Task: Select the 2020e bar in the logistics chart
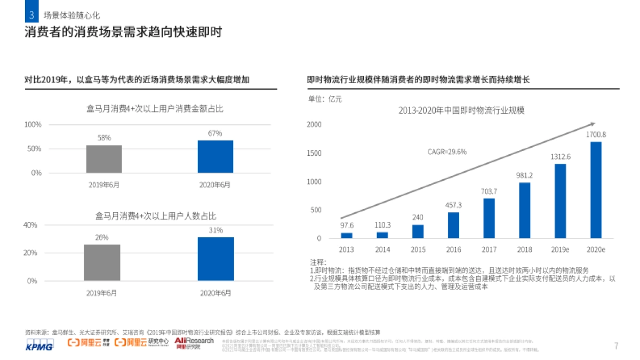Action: (x=596, y=189)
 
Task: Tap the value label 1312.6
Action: (x=561, y=156)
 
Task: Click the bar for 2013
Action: (x=347, y=235)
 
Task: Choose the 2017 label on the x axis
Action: (x=489, y=249)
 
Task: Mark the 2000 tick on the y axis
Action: (x=314, y=124)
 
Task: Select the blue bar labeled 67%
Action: (x=215, y=156)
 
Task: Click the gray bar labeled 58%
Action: (x=104, y=158)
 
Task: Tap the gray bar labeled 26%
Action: (x=102, y=262)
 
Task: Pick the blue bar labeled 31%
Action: (x=215, y=259)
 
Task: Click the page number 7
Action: (x=616, y=346)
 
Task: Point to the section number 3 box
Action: (x=31, y=15)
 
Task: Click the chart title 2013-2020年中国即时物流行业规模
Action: (x=461, y=110)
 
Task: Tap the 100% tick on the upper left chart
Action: (x=33, y=124)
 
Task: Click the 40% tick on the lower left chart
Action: (x=30, y=225)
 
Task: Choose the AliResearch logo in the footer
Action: (x=194, y=343)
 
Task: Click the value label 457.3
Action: (x=453, y=205)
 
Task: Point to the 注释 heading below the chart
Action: (x=317, y=262)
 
